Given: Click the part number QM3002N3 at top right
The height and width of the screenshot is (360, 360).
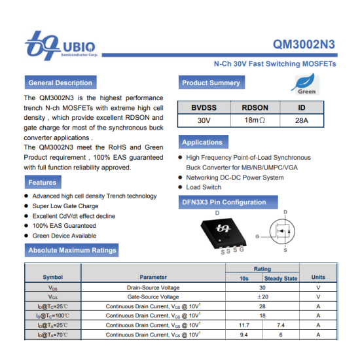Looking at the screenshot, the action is coord(304,45).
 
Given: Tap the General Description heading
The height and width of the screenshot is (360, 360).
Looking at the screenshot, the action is coord(60,83).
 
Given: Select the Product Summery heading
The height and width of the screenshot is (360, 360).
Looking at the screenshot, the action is coord(211,83).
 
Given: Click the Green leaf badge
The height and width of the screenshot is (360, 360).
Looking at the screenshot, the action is coord(306,84).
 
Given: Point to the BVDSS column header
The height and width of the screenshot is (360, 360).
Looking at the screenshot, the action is coord(204,107).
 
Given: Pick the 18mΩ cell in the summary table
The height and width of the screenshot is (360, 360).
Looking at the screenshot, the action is coord(255,121).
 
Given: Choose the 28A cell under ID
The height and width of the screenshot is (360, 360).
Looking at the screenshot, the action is coord(301,121).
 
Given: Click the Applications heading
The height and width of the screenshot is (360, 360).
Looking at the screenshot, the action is coord(202,143).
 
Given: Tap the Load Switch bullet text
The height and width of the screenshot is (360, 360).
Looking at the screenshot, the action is coord(204,187).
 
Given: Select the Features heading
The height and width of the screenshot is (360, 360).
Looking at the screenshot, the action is coord(42,183).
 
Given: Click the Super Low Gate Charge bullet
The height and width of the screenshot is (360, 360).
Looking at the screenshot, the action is coord(65,206).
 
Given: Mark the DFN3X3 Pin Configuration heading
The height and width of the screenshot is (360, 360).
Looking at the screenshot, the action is coord(224,202).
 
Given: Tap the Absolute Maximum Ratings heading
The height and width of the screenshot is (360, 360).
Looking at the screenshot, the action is coord(72,250).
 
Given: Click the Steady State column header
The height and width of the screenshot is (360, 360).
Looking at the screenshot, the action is coord(281,278).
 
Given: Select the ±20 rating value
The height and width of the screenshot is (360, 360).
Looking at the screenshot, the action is coord(262,297).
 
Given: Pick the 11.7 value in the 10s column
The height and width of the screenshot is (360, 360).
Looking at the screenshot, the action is coord(244,325).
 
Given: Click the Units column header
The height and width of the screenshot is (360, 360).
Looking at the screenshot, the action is coord(318,278).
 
